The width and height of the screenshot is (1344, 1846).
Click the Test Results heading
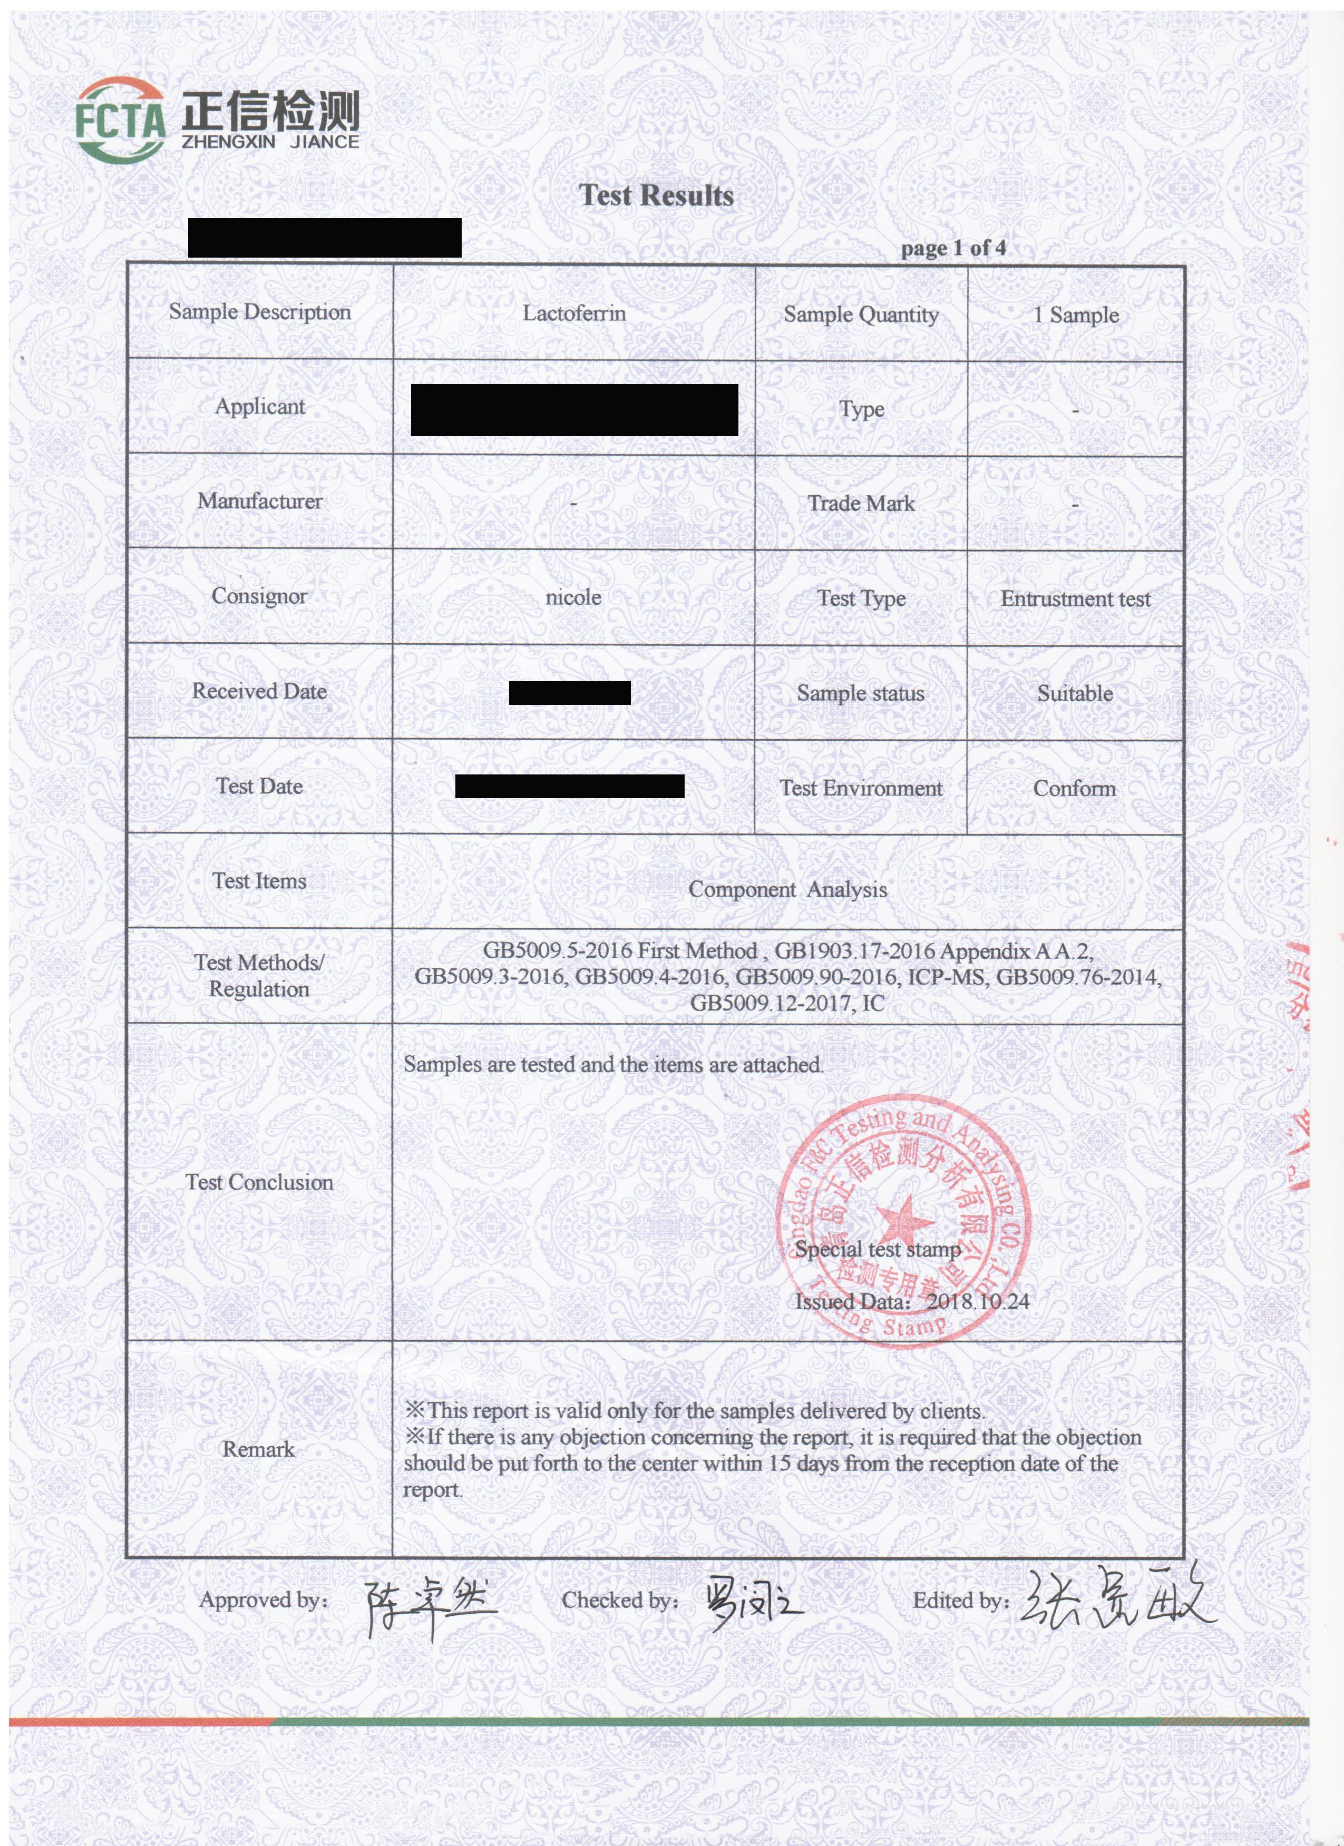(656, 195)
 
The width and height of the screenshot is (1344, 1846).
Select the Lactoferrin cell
(574, 313)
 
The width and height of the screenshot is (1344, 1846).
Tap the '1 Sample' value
(1075, 315)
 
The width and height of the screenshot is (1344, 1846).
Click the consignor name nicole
(573, 597)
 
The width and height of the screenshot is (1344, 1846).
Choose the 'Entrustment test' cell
(1075, 599)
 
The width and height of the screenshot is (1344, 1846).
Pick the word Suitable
(1075, 693)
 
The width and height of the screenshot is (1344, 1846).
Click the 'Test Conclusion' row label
(259, 1182)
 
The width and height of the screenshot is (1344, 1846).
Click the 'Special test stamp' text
(878, 1250)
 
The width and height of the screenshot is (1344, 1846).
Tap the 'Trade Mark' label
(861, 504)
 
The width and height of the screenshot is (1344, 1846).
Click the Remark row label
(258, 1449)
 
